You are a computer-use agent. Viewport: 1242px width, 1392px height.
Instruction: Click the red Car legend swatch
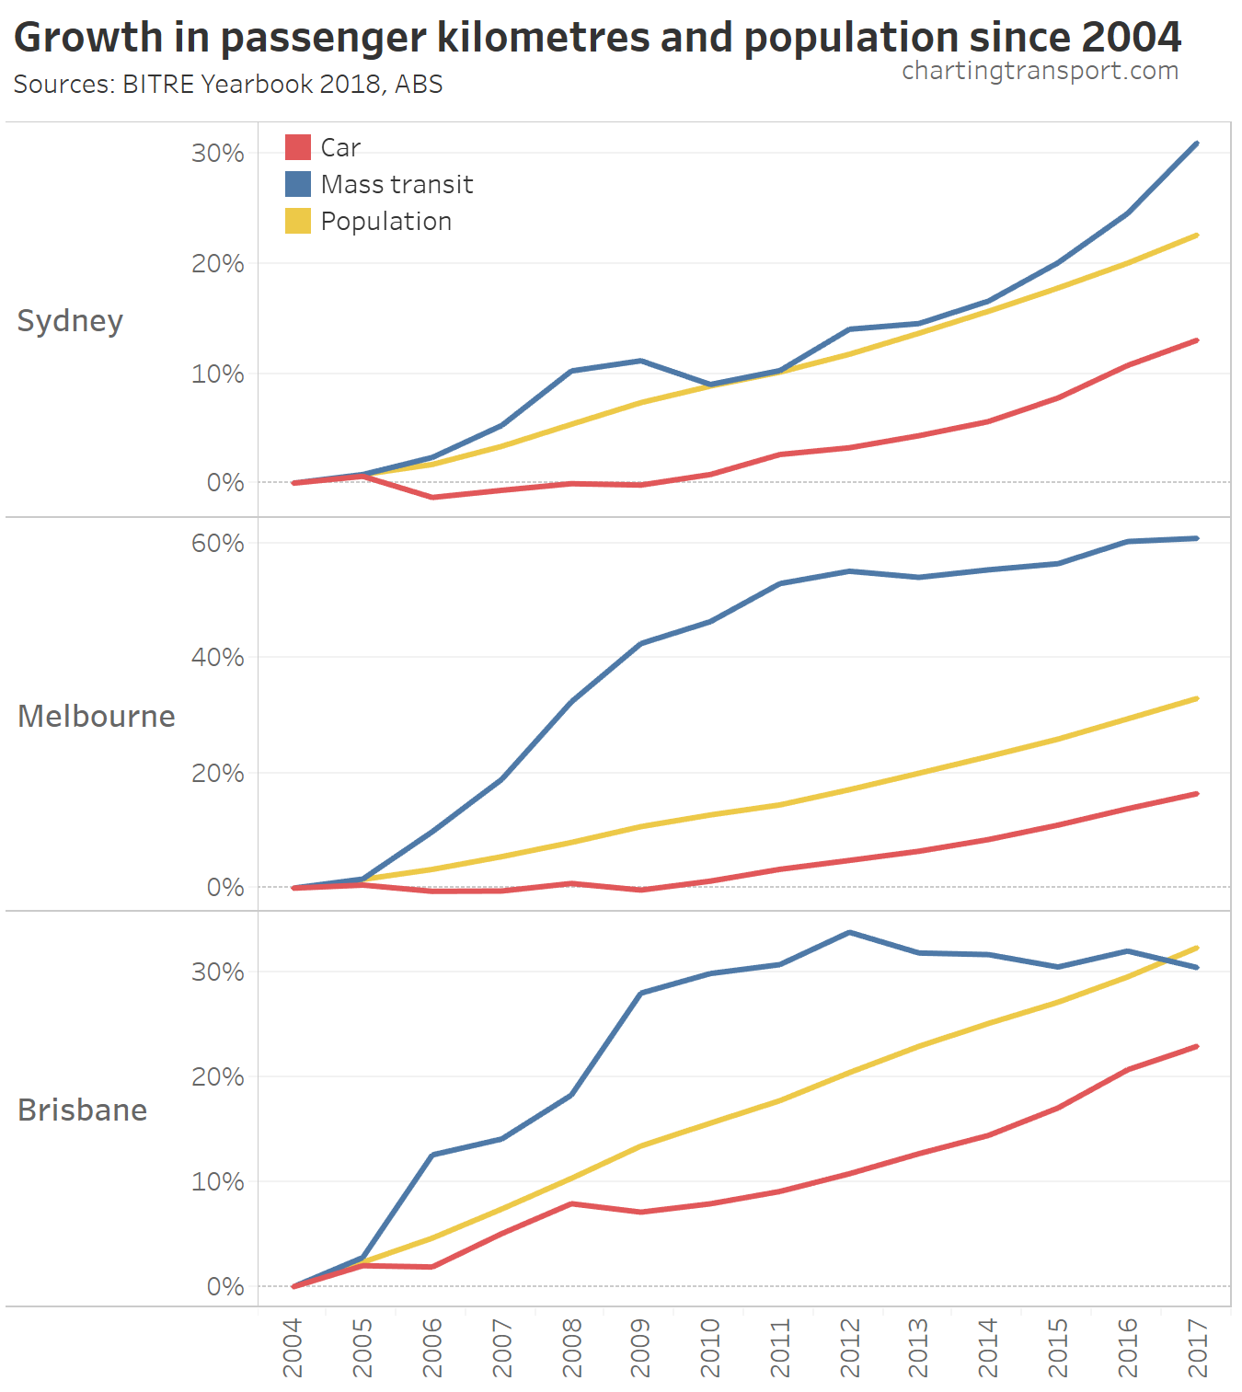click(x=297, y=147)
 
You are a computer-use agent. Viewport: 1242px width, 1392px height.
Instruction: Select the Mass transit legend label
click(x=397, y=184)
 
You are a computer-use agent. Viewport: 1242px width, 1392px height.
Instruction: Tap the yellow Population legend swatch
click(x=297, y=221)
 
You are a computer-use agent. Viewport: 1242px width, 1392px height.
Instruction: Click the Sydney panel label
click(x=70, y=321)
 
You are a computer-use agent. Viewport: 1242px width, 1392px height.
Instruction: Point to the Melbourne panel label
click(x=97, y=716)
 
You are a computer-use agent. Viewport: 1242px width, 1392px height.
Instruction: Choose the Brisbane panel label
click(x=83, y=1110)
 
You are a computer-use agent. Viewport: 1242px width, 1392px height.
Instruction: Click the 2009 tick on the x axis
click(x=641, y=1347)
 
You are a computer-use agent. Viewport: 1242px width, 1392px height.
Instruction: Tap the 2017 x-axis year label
click(x=1198, y=1347)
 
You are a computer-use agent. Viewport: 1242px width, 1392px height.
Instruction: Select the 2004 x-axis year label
click(x=293, y=1347)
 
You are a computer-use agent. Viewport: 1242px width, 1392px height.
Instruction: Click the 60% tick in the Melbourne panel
click(x=218, y=543)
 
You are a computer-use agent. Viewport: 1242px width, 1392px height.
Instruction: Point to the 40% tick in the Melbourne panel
click(x=218, y=657)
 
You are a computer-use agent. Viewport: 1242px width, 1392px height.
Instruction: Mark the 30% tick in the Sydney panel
click(x=218, y=153)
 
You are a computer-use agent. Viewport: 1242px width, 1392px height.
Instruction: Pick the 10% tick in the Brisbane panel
click(x=218, y=1181)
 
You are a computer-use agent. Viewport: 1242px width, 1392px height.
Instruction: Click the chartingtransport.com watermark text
click(x=1040, y=71)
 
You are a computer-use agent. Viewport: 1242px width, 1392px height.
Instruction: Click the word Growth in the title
click(x=88, y=37)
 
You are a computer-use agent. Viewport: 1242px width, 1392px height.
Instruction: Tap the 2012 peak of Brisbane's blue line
click(x=850, y=932)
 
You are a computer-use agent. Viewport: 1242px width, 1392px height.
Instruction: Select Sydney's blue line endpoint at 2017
click(x=1197, y=144)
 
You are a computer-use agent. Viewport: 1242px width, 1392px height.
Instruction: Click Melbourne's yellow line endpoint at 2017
click(x=1197, y=698)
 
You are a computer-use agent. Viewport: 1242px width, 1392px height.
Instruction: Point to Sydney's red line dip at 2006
click(x=432, y=497)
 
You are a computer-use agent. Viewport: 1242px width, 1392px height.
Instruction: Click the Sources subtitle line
click(x=228, y=84)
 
